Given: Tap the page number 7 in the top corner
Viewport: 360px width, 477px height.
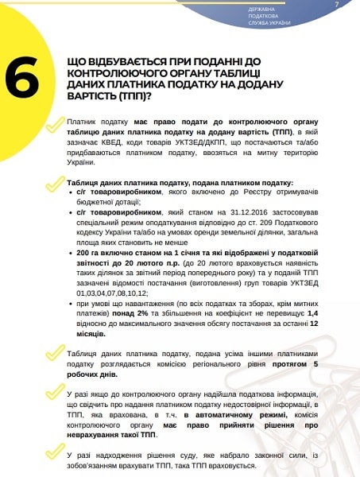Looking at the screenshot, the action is tap(337, 5).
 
